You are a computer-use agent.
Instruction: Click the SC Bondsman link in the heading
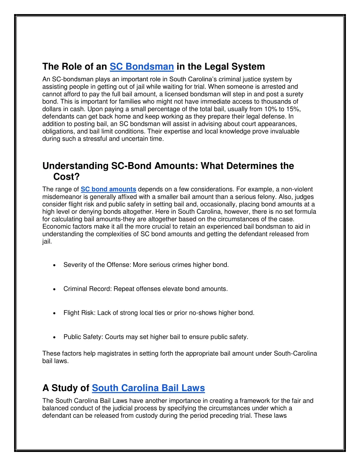pos(142,66)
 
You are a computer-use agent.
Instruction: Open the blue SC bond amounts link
pos(108,189)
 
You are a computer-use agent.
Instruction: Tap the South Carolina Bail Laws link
pos(148,388)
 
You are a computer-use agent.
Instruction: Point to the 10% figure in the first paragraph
pos(271,109)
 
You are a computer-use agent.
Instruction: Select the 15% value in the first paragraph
pos(293,109)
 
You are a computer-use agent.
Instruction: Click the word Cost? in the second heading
pos(66,177)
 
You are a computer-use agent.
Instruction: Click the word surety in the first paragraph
pos(295,94)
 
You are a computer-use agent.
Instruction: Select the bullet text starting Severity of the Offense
pos(146,265)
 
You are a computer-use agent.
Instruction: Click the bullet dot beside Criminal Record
pos(54,289)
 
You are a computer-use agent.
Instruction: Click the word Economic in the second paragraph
pos(56,226)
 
